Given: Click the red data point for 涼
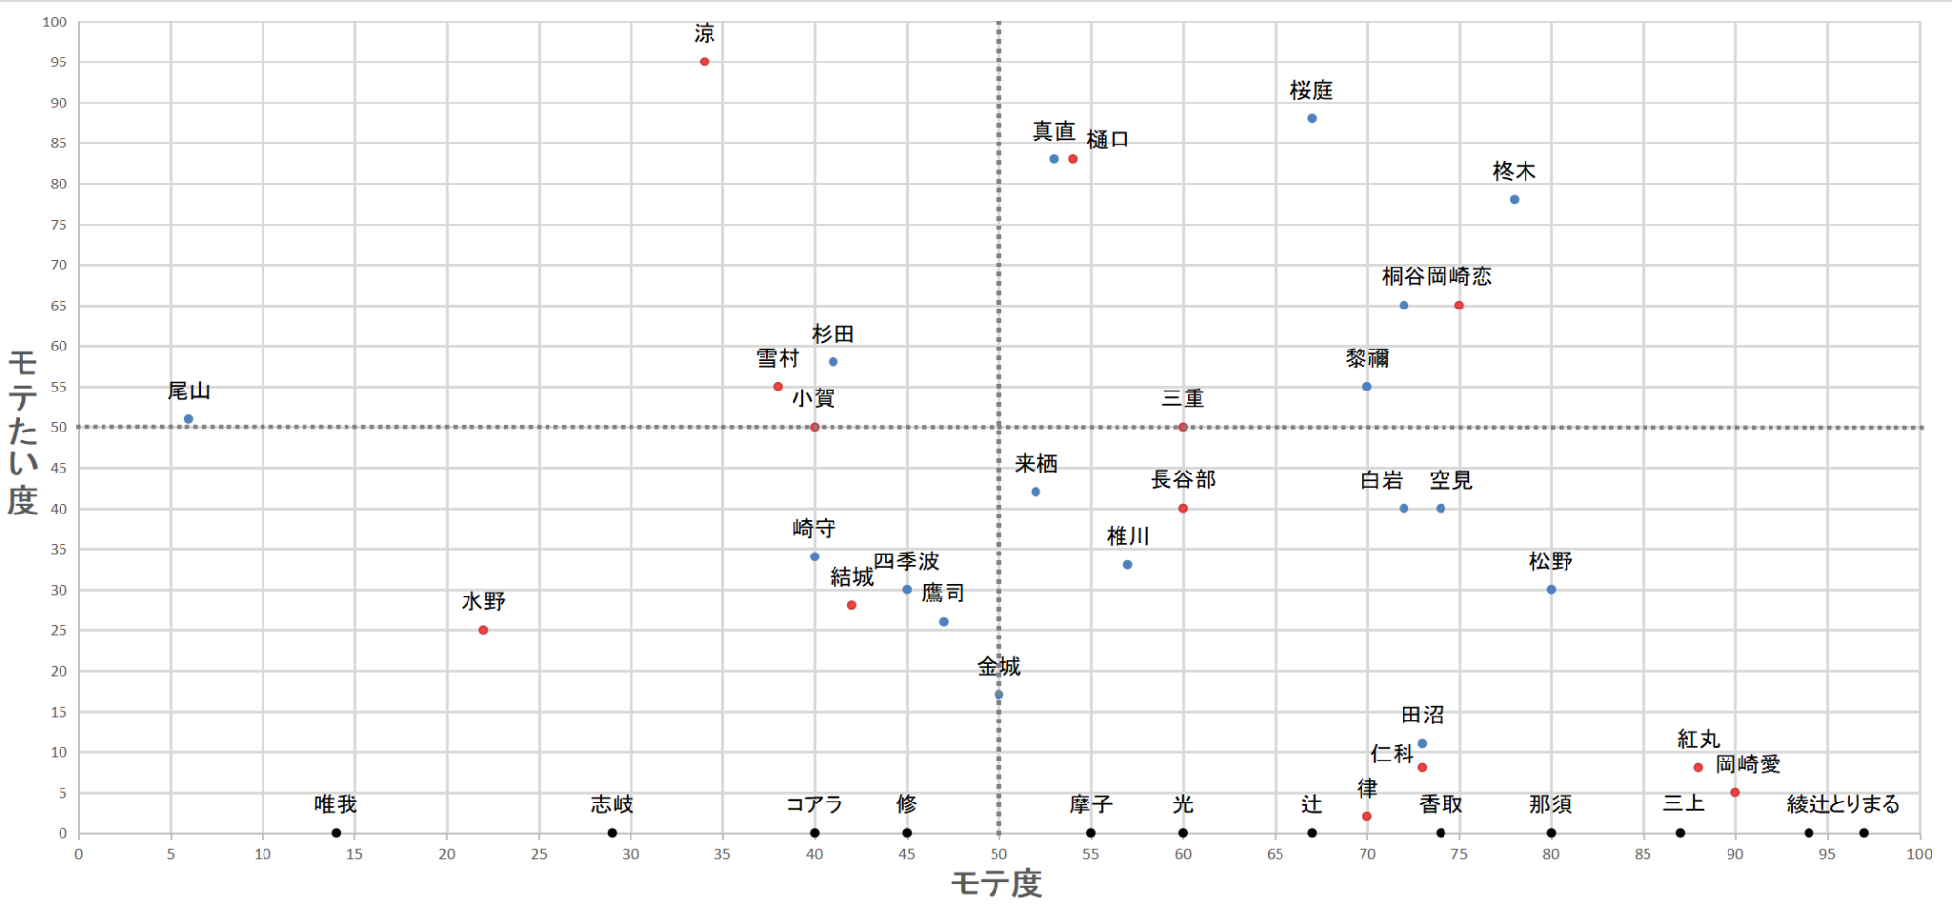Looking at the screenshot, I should click(704, 62).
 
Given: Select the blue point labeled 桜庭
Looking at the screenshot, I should click(1312, 118).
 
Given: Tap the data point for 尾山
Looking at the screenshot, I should click(188, 419).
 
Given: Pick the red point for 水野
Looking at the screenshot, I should click(483, 630).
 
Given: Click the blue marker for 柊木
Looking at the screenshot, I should click(1514, 199).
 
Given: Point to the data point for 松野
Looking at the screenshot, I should click(1551, 589).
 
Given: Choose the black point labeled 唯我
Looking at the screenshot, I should click(336, 833).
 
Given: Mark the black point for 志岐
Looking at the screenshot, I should click(612, 833).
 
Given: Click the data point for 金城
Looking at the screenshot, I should click(998, 695).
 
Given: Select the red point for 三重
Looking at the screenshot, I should click(1183, 427).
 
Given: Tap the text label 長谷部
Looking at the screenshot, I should click(1183, 479).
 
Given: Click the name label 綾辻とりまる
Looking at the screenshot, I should click(1843, 804).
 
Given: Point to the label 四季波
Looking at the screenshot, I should click(906, 561).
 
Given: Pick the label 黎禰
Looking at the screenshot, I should click(1366, 358).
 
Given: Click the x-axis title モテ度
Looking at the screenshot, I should click(996, 884).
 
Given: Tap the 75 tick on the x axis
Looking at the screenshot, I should click(1459, 854).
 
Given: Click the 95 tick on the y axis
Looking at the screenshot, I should click(59, 62).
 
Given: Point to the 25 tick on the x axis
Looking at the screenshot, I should click(539, 854).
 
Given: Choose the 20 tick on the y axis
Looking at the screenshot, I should click(59, 671).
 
